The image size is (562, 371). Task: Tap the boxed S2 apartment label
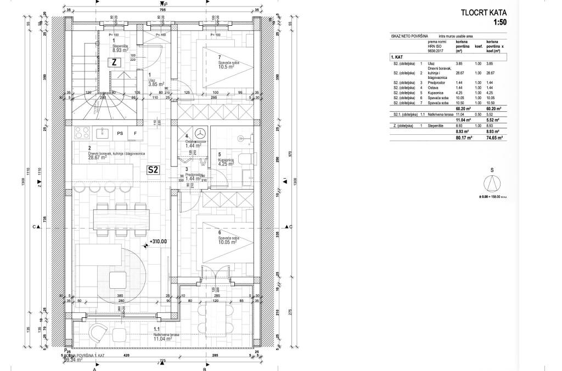[x=153, y=170]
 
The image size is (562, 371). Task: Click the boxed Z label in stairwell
[x=114, y=62]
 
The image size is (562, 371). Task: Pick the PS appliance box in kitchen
[x=120, y=133]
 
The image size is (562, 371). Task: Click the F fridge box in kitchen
[x=135, y=133]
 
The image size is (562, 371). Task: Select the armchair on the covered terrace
[x=100, y=331]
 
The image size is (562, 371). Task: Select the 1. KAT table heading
[x=397, y=57]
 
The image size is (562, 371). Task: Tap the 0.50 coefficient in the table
[x=477, y=113]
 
